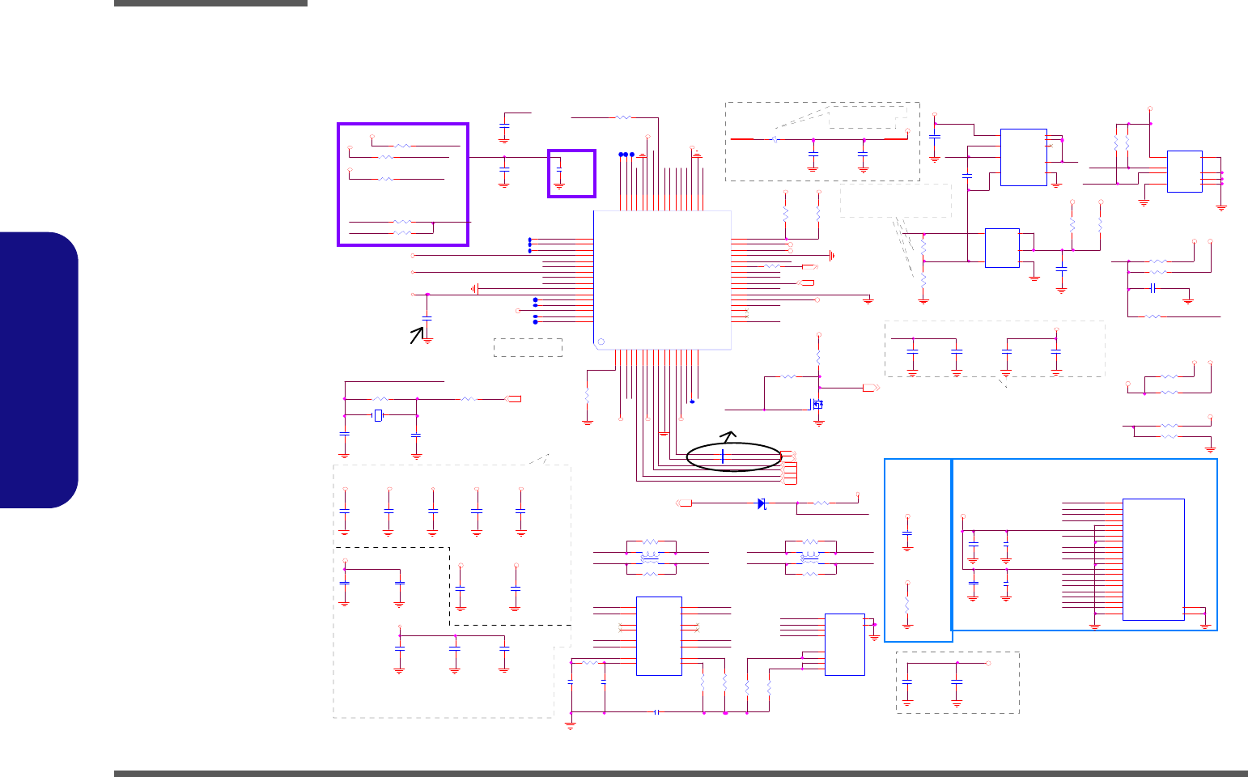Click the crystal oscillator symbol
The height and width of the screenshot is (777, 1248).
tap(378, 416)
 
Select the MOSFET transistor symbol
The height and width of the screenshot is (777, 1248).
tap(817, 404)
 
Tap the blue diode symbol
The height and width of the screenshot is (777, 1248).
tap(762, 503)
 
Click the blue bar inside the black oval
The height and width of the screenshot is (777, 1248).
tap(723, 456)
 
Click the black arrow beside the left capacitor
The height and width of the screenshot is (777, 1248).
tap(417, 334)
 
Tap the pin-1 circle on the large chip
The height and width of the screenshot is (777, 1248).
tap(601, 342)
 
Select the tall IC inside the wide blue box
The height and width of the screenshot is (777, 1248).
tap(1153, 559)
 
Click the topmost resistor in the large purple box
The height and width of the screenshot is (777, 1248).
tap(402, 146)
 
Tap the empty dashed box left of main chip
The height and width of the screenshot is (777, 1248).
tap(528, 347)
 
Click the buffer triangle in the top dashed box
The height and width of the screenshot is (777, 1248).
tap(775, 139)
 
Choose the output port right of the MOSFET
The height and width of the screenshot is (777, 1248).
tap(871, 388)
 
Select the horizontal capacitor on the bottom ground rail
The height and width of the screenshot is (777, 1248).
tap(657, 712)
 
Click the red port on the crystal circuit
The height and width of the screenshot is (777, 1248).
tap(514, 398)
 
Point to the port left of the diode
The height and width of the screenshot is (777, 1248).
tap(685, 503)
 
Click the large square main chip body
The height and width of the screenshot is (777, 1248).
tap(662, 279)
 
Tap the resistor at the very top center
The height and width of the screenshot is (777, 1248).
tap(623, 117)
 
